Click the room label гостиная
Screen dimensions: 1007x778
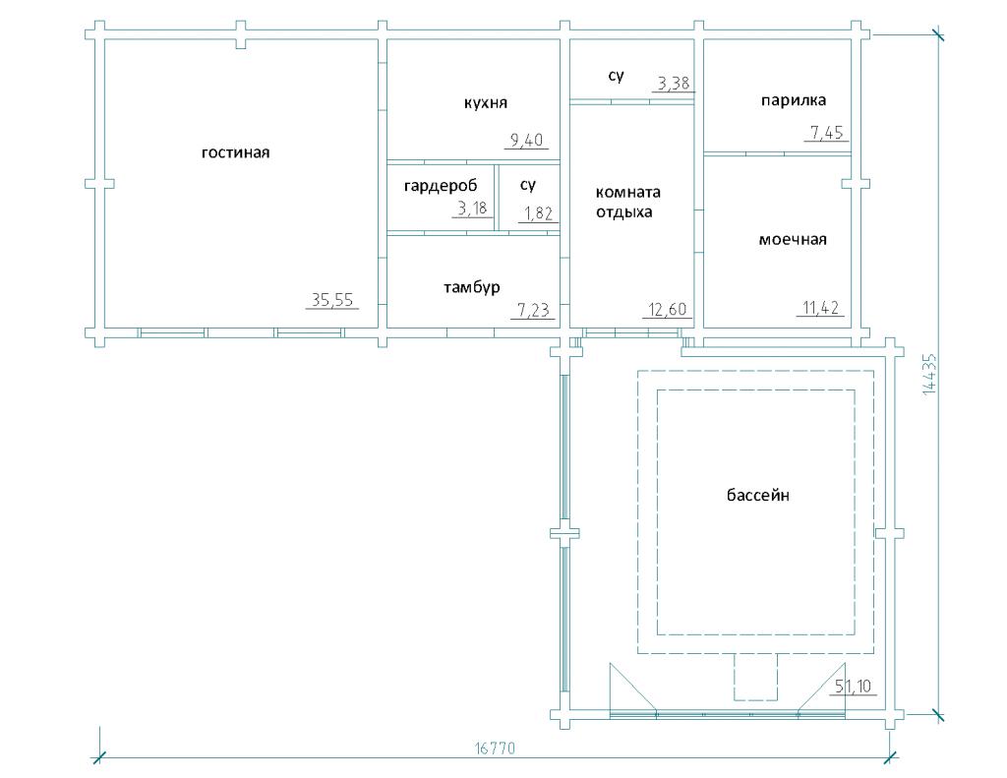click(x=235, y=152)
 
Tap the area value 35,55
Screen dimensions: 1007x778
click(x=332, y=299)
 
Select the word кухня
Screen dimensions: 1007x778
click(x=486, y=103)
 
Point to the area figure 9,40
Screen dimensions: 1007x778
click(x=526, y=140)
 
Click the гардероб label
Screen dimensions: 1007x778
click(x=441, y=186)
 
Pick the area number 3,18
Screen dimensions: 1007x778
click(x=472, y=209)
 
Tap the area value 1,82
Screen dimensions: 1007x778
click(x=538, y=213)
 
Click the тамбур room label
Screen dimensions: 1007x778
click(x=471, y=287)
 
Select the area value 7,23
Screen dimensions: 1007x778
click(x=533, y=310)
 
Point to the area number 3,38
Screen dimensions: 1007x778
click(x=673, y=83)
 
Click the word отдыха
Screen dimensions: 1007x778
click(x=623, y=212)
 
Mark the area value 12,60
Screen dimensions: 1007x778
click(x=668, y=310)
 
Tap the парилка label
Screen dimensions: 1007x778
click(x=794, y=100)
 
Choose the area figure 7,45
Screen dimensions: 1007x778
click(x=826, y=133)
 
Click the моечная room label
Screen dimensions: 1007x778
click(x=793, y=240)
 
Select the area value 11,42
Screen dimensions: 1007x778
click(x=821, y=309)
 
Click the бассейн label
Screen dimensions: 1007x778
click(x=758, y=496)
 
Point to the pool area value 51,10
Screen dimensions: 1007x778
click(x=853, y=687)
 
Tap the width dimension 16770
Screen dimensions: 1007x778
click(x=495, y=748)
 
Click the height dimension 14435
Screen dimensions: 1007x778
click(x=929, y=374)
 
